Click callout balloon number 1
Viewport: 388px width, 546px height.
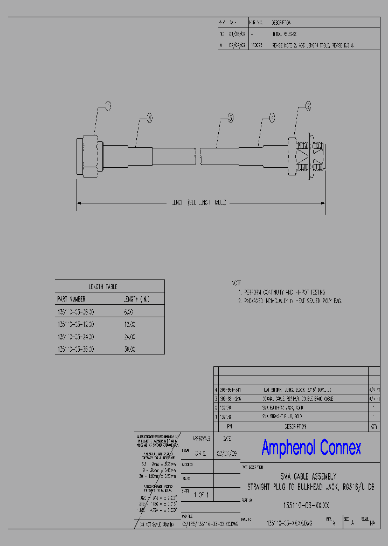[x=107, y=105]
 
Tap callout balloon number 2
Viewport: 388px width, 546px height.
[x=308, y=106]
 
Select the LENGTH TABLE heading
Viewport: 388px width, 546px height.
[x=102, y=286]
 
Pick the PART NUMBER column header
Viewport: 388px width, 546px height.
[x=71, y=298]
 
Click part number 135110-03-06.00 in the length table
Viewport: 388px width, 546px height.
[x=75, y=311]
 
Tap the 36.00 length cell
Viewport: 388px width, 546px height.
[x=130, y=349]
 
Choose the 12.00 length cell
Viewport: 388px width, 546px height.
[x=130, y=324]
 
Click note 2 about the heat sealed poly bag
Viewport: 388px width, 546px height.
[x=291, y=301]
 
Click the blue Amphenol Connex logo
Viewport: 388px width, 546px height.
[x=311, y=447]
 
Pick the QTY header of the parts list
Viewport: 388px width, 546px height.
[x=373, y=426]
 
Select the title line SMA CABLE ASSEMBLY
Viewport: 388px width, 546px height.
[x=309, y=476]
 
